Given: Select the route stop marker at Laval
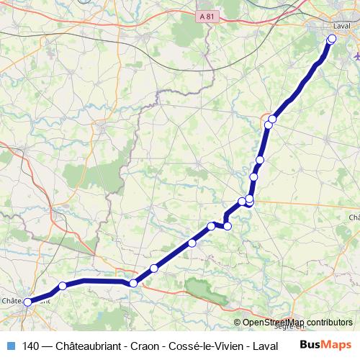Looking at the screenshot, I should (332, 39).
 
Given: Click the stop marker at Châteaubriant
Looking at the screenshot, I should (28, 303).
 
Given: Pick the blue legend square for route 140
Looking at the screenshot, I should (10, 345).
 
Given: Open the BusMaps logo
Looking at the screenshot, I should (325, 344).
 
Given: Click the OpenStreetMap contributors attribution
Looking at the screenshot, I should (297, 323).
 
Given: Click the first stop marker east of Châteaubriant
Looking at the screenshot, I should (63, 287).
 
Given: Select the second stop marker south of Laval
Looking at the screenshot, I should (269, 125).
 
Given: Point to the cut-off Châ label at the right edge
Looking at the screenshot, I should (354, 217).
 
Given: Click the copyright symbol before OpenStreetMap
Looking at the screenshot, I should (238, 323).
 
